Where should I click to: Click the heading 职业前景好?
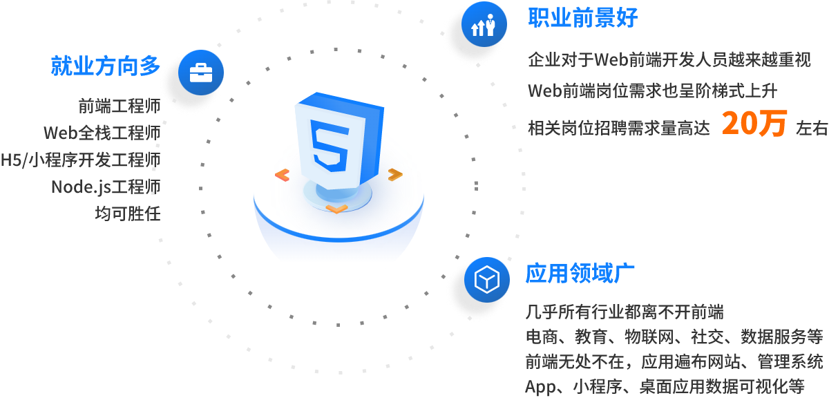(582, 18)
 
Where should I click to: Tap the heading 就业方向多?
(106, 66)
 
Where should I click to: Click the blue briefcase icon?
(201, 71)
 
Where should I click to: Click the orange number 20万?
(754, 124)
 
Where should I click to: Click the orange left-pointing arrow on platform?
(282, 176)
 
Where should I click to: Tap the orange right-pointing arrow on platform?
(394, 175)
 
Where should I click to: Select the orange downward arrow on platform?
(336, 208)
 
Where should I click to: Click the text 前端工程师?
(119, 106)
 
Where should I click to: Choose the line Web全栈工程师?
(102, 133)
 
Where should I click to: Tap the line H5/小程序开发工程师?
(80, 160)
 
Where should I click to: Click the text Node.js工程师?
(105, 187)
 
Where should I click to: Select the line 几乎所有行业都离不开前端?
(625, 312)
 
